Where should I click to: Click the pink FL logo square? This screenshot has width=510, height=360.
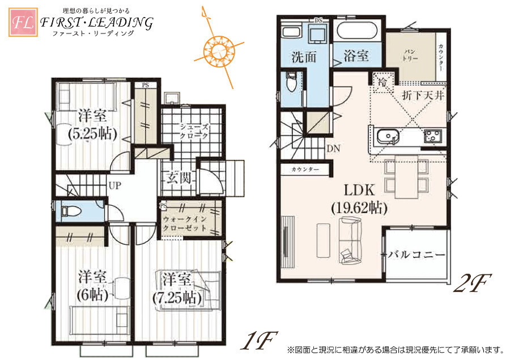(x=23, y=22)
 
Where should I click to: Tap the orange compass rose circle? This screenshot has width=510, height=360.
(x=219, y=52)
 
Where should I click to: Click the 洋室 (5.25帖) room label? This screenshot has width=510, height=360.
(x=92, y=124)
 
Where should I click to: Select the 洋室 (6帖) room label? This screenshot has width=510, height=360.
(x=92, y=286)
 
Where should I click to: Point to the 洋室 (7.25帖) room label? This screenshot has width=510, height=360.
(x=177, y=289)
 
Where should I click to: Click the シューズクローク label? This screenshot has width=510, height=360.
(x=194, y=132)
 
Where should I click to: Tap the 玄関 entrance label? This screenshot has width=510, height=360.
(x=178, y=177)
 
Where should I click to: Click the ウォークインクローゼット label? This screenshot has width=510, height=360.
(x=185, y=223)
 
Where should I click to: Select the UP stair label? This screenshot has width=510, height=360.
(x=115, y=185)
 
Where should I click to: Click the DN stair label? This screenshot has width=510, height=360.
(x=333, y=149)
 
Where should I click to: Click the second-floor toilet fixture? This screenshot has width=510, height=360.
(x=291, y=83)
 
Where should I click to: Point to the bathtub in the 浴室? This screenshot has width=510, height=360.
(x=357, y=32)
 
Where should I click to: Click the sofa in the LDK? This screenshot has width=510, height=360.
(x=350, y=239)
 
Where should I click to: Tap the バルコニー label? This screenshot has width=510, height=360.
(x=416, y=255)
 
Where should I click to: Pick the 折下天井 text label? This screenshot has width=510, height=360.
(x=423, y=95)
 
